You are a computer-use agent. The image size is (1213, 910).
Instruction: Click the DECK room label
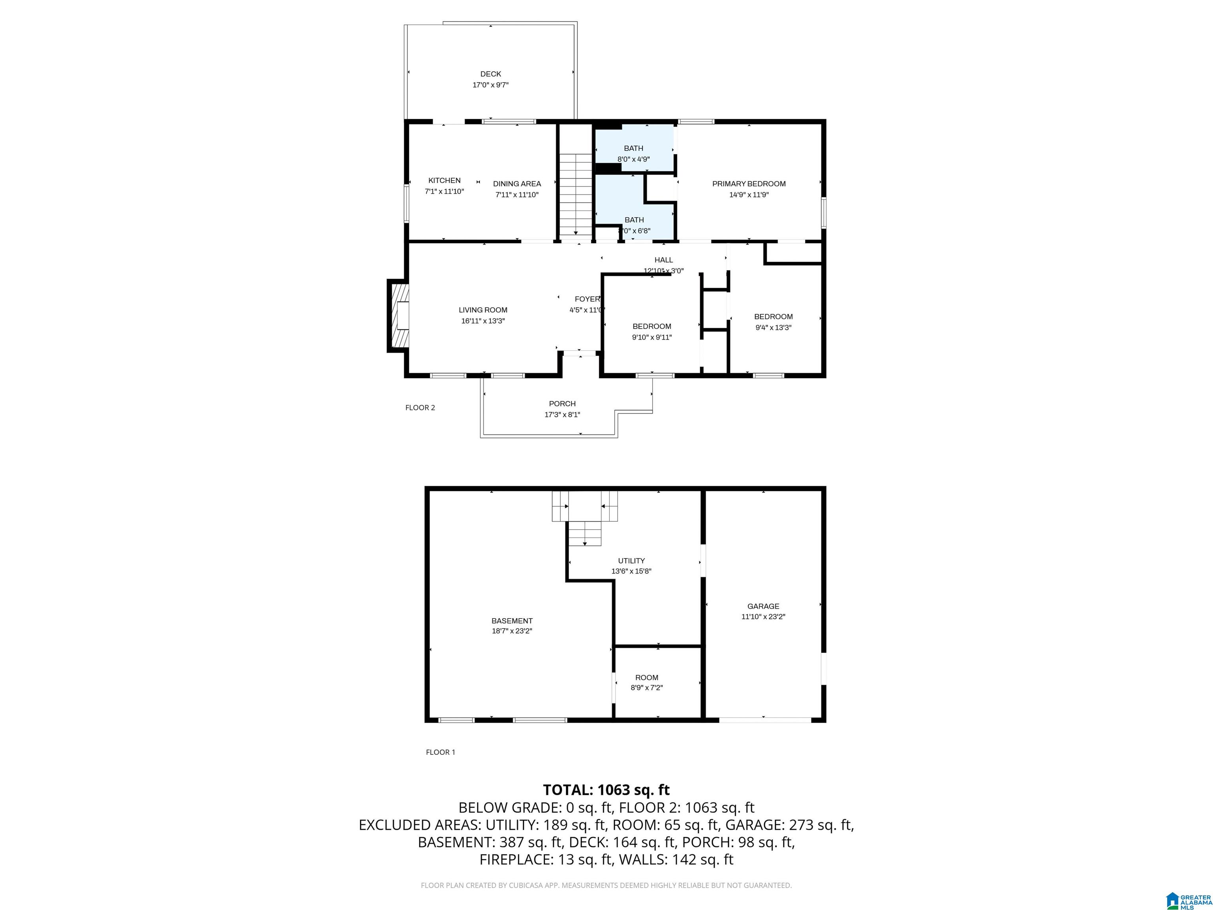point(490,74)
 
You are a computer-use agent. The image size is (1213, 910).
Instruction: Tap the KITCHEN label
point(444,180)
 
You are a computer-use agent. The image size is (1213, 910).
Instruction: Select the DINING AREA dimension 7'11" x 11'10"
point(516,195)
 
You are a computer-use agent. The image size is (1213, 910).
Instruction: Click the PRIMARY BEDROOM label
point(749,184)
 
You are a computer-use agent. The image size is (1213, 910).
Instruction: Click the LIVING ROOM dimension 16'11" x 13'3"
point(483,321)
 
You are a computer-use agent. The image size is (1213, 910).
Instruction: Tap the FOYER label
point(587,299)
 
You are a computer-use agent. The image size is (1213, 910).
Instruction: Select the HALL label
point(663,260)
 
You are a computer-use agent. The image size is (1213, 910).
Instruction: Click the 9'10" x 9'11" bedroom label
point(652,326)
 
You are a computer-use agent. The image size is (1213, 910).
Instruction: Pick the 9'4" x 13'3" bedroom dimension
point(773,327)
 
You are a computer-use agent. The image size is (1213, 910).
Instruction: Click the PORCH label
point(562,404)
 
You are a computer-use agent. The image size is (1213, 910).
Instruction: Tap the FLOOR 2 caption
point(420,408)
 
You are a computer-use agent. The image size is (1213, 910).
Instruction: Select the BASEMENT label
point(512,621)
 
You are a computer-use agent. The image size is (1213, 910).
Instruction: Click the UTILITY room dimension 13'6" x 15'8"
point(631,571)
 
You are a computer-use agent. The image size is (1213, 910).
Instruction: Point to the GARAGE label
point(763,606)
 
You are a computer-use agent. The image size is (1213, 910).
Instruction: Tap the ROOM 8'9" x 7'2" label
point(646,677)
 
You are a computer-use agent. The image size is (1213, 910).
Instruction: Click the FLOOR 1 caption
point(440,752)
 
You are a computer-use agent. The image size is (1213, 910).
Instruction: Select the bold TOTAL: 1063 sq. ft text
point(606,790)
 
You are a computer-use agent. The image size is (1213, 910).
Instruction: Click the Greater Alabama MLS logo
point(1188,901)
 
